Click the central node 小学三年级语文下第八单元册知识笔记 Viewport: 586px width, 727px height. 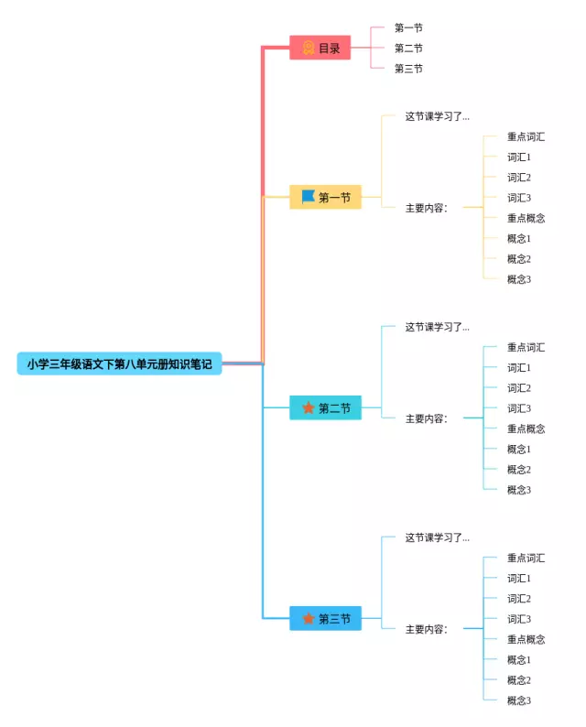[119, 363]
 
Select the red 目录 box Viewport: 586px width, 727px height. [320, 48]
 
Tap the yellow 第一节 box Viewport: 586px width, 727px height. [325, 197]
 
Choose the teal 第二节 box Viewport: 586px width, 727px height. [325, 408]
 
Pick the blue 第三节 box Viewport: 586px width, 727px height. [325, 619]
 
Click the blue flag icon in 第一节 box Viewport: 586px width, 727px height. [308, 196]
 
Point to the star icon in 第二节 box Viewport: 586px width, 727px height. [309, 407]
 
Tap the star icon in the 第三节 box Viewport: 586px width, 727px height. [309, 619]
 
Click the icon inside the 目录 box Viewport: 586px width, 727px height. [309, 48]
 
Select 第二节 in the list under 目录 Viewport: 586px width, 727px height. [408, 48]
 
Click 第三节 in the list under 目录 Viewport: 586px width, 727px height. [408, 69]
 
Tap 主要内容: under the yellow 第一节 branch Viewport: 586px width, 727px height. [427, 208]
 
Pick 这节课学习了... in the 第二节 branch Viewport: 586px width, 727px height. [437, 327]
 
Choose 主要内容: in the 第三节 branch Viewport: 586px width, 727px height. [427, 629]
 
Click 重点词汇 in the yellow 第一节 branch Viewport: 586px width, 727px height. [526, 136]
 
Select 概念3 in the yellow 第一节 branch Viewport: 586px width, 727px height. [519, 279]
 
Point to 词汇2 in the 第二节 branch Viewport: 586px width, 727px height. [519, 388]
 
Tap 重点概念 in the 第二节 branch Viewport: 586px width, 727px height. [526, 429]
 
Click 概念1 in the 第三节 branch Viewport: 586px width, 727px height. [519, 660]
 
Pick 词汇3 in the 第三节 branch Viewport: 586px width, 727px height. [519, 619]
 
